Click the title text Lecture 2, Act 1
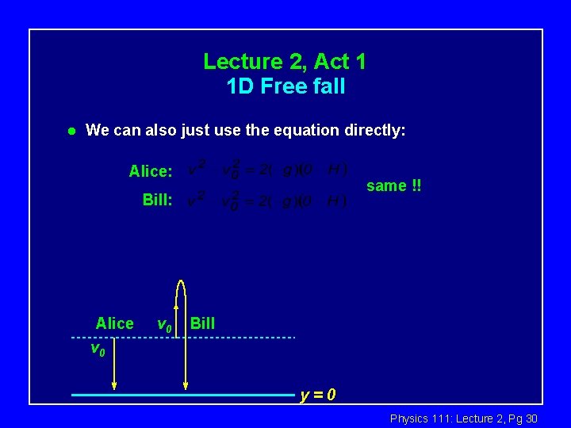[285, 61]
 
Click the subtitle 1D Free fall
[285, 86]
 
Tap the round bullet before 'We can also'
[71, 130]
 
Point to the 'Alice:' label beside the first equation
[151, 171]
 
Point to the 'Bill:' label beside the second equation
[157, 200]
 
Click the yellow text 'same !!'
[393, 185]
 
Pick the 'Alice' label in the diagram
[114, 323]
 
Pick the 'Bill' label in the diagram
[202, 323]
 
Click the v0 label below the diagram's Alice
[98, 348]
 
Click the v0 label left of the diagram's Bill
[165, 324]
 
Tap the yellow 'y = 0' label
[318, 395]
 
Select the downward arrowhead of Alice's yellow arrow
[114, 387]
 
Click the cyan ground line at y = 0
[182, 394]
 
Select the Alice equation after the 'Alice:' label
[267, 170]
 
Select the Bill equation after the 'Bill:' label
[267, 201]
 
